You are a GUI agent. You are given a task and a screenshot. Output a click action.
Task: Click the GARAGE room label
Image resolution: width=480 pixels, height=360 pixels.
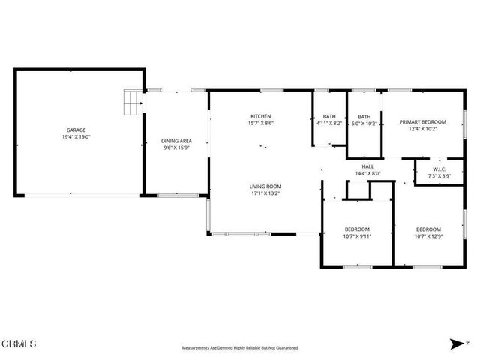pos(76,130)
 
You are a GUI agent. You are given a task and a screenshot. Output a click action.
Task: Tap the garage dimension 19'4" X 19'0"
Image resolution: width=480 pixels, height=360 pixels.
pos(76,138)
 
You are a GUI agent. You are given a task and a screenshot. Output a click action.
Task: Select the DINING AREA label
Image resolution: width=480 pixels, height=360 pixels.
pos(177,141)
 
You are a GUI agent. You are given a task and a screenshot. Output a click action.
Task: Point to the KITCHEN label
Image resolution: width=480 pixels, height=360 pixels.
pos(260,116)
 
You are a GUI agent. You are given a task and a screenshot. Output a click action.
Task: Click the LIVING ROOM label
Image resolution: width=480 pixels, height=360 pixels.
pos(265,186)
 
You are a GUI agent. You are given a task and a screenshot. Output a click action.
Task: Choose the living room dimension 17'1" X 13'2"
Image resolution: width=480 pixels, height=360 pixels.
pos(265,193)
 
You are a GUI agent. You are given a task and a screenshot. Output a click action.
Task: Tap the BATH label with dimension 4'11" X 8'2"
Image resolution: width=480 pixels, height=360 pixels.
pos(329,116)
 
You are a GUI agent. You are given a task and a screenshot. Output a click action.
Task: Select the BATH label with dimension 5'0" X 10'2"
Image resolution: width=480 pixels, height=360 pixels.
pos(364,116)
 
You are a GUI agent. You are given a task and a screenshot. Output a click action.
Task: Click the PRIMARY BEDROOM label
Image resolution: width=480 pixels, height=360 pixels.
pos(422,122)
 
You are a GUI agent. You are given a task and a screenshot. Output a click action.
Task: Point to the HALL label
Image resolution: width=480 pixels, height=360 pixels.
pos(367,166)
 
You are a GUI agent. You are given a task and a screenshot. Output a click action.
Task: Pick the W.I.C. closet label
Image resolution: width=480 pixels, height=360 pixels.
pos(437,169)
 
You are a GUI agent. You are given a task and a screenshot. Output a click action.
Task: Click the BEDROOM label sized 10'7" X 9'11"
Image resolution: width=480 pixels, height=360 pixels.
pos(358,229)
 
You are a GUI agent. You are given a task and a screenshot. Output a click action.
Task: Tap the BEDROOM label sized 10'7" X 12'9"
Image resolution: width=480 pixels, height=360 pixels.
pos(428,229)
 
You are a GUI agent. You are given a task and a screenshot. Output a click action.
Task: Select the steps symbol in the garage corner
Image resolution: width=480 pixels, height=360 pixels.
pos(132,102)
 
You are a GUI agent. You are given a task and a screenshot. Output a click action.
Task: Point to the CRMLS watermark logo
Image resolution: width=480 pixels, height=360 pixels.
pos(19,343)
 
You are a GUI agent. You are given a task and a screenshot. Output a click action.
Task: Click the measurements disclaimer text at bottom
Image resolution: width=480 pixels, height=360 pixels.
pos(240,348)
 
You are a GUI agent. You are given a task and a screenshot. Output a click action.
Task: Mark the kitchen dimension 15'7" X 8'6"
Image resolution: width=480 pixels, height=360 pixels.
pos(260,124)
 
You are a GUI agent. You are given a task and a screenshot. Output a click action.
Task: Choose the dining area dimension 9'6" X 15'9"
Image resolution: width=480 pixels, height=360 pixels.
pos(177,148)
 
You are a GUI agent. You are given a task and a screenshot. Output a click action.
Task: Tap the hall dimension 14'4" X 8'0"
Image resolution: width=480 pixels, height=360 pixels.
pos(367,173)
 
